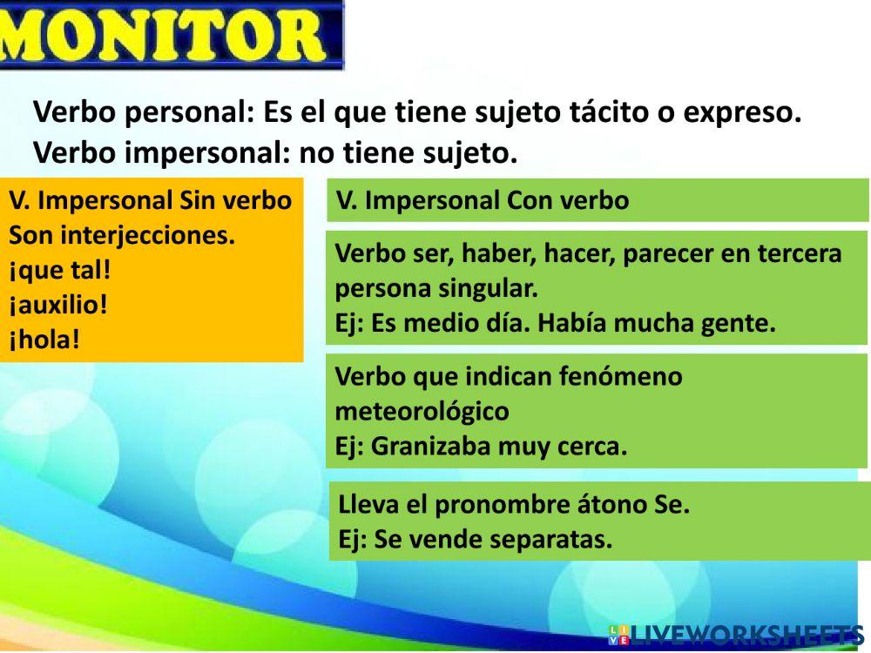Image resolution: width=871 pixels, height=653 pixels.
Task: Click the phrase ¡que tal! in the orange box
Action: tap(60, 270)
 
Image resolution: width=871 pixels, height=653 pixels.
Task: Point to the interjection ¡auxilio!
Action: tap(58, 305)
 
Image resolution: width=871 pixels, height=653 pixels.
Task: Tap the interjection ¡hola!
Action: tap(44, 339)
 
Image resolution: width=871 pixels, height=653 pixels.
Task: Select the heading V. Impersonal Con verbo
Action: tap(483, 201)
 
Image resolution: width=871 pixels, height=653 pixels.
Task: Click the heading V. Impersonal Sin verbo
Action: tap(150, 200)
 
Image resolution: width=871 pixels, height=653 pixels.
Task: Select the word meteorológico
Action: tap(422, 411)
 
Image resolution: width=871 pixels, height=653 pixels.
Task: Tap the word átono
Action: tap(594, 505)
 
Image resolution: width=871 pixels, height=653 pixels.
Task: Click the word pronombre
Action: tap(491, 505)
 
